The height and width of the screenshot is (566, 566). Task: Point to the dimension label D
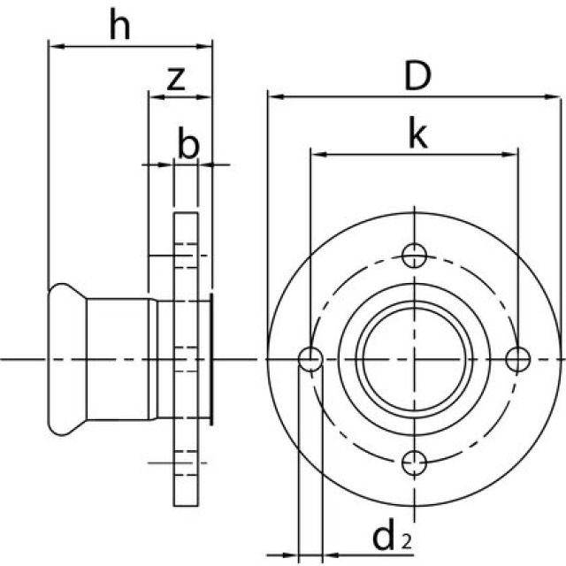coord(417,77)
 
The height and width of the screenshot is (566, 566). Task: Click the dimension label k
coord(417,134)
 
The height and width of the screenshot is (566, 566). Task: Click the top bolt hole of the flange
coord(415,256)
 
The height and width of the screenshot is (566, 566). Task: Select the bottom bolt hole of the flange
coord(415,462)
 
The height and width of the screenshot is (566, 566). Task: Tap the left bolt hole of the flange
coord(310,359)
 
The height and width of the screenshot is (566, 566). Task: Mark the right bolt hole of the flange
coord(518,359)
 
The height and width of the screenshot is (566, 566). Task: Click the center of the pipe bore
coord(415,359)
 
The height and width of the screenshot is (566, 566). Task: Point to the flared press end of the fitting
coord(66,359)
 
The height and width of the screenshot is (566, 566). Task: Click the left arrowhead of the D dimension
coord(272,96)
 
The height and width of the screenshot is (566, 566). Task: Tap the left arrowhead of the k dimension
coord(315,154)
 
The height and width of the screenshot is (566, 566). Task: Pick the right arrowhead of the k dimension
coord(512,154)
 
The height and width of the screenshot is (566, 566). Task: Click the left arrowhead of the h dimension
coord(52,45)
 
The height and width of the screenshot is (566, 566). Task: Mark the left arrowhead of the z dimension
coord(153,96)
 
